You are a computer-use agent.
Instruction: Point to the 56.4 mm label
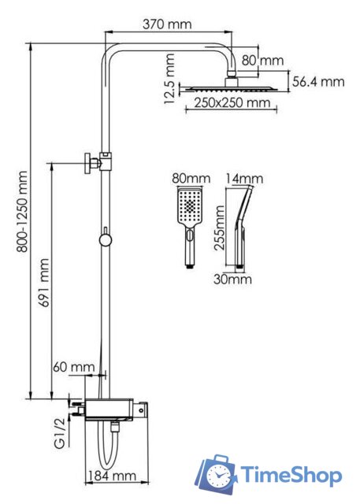pyautogui.click(x=318, y=81)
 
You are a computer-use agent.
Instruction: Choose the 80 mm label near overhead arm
pyautogui.click(x=261, y=61)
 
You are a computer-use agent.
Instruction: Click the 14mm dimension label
pyautogui.click(x=240, y=179)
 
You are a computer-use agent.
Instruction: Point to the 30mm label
pyautogui.click(x=233, y=278)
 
